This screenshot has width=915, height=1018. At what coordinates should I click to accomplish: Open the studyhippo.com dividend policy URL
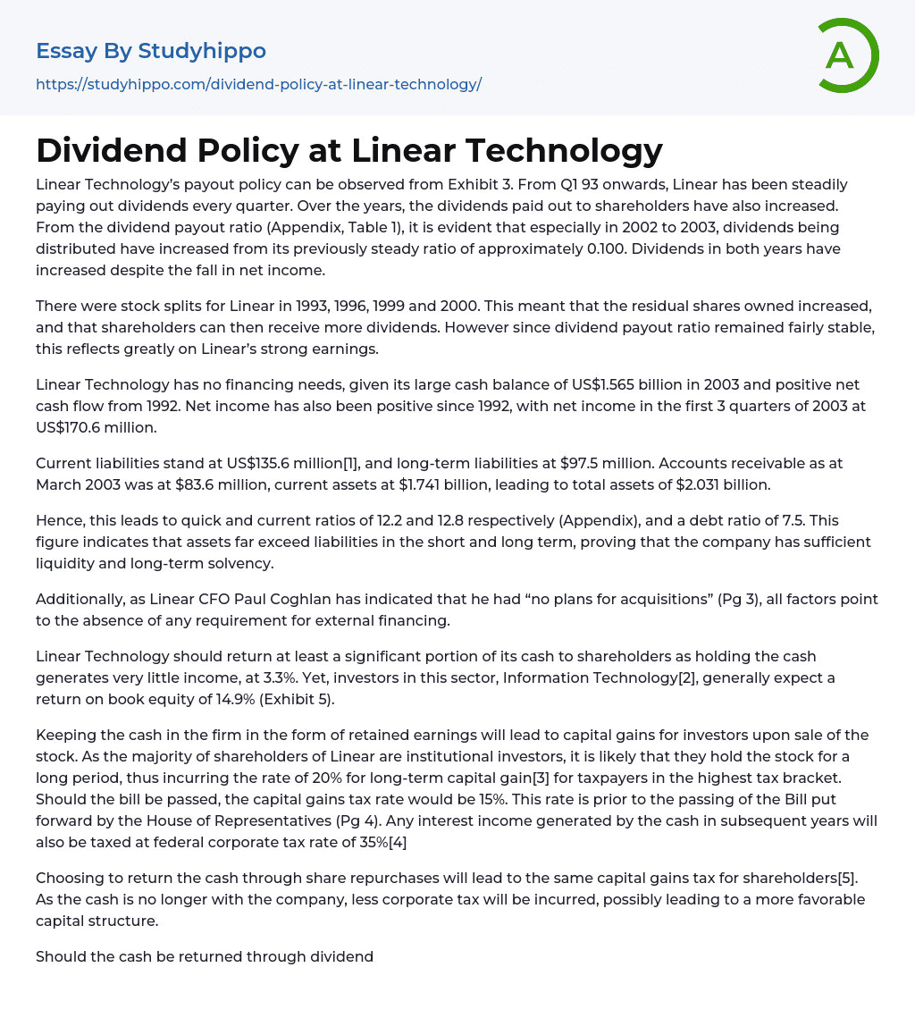tap(258, 84)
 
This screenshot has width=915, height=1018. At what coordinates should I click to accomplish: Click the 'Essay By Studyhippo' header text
tap(150, 51)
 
